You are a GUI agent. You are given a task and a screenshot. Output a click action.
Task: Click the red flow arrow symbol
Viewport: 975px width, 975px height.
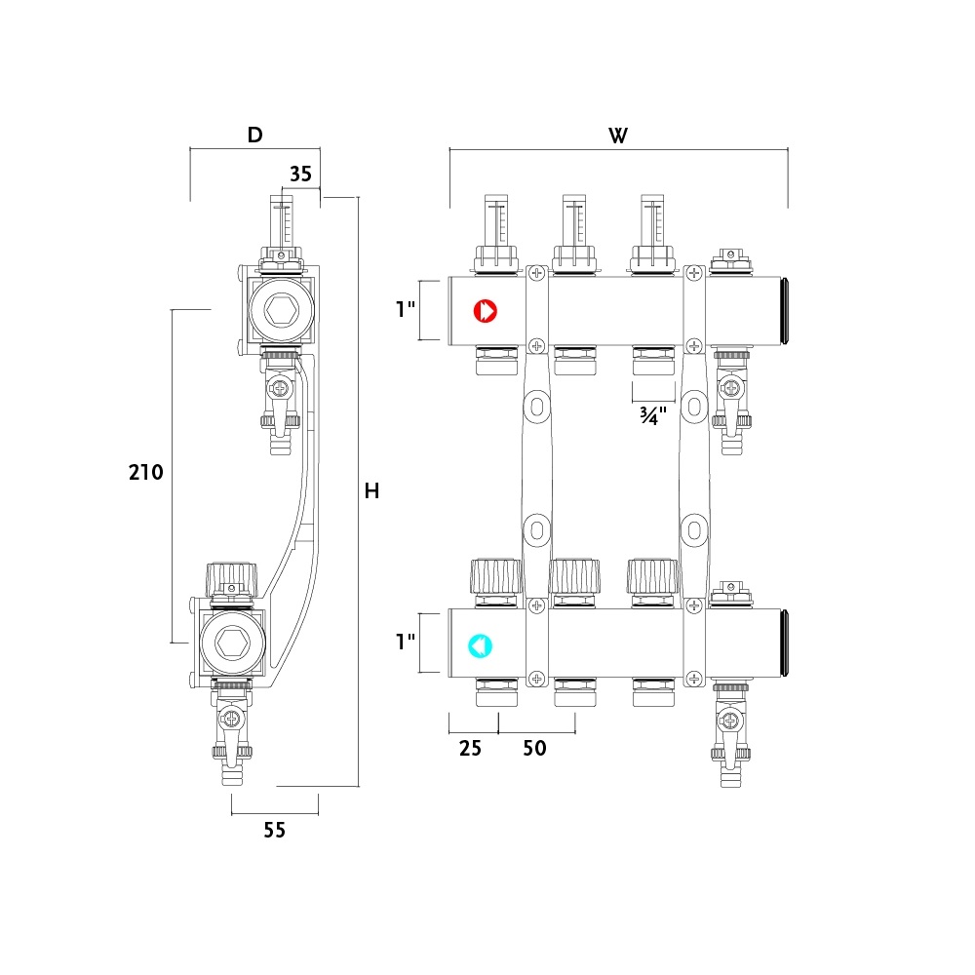pos(485,311)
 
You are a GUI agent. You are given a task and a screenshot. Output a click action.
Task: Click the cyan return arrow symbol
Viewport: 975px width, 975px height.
pos(480,646)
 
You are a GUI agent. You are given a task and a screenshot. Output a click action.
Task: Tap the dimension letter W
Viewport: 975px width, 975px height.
pos(618,136)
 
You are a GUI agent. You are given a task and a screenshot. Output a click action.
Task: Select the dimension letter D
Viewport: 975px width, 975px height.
pos(254,135)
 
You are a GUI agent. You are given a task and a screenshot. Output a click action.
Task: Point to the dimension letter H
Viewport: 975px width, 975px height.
pos(371,491)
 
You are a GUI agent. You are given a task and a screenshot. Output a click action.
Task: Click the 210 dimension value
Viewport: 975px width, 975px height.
pos(146,473)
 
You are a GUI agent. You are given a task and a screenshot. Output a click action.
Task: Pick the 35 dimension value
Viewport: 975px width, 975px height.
pos(301,175)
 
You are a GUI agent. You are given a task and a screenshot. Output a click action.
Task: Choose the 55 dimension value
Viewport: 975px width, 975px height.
pos(274,830)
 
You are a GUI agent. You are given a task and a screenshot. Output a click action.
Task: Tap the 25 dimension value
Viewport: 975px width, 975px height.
pos(470,748)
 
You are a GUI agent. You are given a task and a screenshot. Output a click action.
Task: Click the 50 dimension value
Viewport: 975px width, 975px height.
pos(534,748)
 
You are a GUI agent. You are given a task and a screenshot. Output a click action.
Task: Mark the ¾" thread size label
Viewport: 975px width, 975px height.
pos(653,415)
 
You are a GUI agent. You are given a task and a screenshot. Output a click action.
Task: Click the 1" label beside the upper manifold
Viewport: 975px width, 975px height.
pos(406,309)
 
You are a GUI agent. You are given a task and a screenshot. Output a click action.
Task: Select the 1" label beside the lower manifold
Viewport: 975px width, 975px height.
pos(406,642)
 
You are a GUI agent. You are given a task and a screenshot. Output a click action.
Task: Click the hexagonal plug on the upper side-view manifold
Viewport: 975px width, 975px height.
pos(281,309)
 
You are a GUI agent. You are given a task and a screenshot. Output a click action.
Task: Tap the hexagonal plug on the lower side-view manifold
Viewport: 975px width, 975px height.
pos(233,643)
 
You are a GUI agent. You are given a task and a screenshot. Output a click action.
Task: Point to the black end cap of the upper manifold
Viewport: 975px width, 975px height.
pos(785,311)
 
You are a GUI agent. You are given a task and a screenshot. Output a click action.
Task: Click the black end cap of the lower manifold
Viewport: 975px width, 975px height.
pos(785,643)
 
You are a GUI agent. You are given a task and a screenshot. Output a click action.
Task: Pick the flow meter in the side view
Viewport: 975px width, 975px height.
pos(281,220)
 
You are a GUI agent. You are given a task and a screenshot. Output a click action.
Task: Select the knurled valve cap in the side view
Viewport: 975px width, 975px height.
pos(231,578)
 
